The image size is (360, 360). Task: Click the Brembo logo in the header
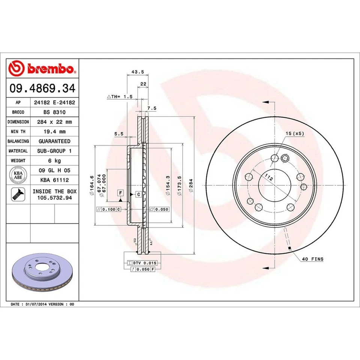[x=42, y=69]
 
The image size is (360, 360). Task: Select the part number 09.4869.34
[x=42, y=88]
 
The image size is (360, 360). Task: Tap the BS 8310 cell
[x=54, y=112]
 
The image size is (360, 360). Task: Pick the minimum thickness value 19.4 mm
[x=54, y=131]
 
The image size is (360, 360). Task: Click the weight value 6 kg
[x=54, y=160]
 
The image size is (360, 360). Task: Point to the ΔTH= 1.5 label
[x=120, y=96]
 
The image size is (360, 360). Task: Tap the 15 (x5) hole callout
[x=294, y=133]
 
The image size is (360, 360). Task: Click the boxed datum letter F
[x=120, y=193]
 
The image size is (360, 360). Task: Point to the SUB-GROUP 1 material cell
[x=54, y=151]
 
